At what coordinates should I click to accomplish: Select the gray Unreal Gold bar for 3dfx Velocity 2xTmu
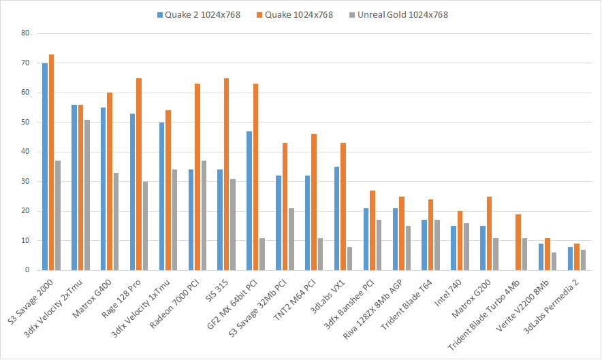pyautogui.click(x=87, y=195)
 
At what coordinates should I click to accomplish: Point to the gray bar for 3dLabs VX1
pyautogui.click(x=349, y=258)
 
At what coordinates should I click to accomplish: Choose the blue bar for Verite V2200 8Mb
pyautogui.click(x=541, y=257)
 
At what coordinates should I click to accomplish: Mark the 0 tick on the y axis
pyautogui.click(x=27, y=270)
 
